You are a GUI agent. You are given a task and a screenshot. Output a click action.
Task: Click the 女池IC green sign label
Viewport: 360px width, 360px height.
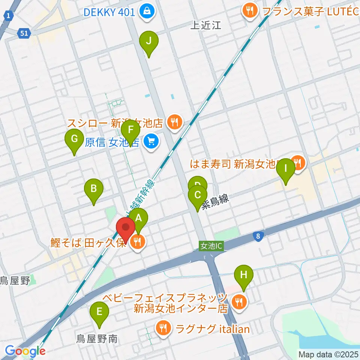[211, 246]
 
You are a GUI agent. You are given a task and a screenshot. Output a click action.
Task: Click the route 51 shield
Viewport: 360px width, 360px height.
[24, 34]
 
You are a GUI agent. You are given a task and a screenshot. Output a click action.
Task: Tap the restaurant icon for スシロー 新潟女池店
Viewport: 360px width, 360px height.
[174, 122]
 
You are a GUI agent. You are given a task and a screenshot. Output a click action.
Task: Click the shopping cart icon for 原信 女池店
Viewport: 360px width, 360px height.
[151, 141]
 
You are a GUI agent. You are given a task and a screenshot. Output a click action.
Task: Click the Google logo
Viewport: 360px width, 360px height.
[25, 351]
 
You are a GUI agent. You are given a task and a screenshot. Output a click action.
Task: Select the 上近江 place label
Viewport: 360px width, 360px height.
[206, 25]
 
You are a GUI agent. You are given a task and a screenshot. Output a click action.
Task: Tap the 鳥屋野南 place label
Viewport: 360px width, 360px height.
[97, 339]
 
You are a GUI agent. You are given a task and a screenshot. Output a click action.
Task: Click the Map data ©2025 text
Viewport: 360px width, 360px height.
[328, 354]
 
